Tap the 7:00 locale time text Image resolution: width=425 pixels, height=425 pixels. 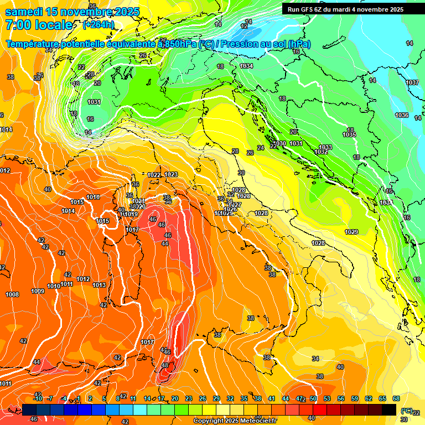point(39,25)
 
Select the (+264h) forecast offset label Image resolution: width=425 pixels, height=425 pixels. point(98,25)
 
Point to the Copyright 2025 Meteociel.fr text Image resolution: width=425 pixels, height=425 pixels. point(234,421)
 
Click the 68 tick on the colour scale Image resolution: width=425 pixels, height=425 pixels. point(396,398)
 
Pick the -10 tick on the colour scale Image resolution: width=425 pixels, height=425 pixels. point(38,398)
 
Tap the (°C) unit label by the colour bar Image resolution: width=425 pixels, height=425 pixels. point(406,411)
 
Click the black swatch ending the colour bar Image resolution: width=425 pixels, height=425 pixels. point(389,410)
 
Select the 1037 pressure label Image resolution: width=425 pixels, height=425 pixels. point(412,82)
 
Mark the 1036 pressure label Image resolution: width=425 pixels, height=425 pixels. point(402,115)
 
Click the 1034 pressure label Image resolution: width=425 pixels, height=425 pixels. point(246,66)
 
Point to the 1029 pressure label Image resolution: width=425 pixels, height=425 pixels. point(351,232)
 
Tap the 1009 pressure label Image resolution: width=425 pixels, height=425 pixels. point(38,291)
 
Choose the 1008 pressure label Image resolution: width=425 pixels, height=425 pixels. point(12,294)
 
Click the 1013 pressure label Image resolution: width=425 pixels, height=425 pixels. point(99,285)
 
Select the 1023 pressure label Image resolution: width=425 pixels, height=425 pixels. point(171,174)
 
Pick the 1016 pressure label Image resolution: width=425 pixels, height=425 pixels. point(93,197)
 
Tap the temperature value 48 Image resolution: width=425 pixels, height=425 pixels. point(164,365)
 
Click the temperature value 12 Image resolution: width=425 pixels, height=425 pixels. point(244,26)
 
